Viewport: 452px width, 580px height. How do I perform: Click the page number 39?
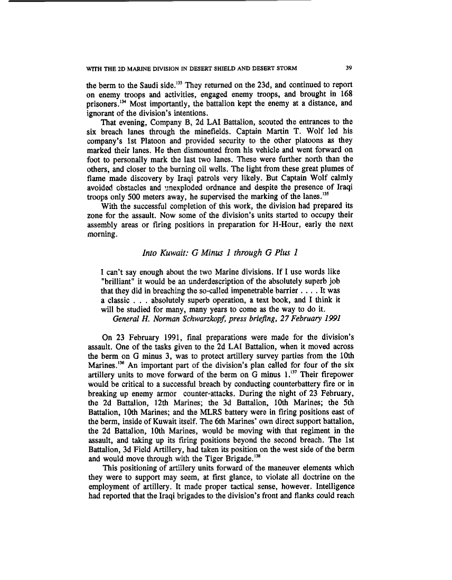pos(348,67)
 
